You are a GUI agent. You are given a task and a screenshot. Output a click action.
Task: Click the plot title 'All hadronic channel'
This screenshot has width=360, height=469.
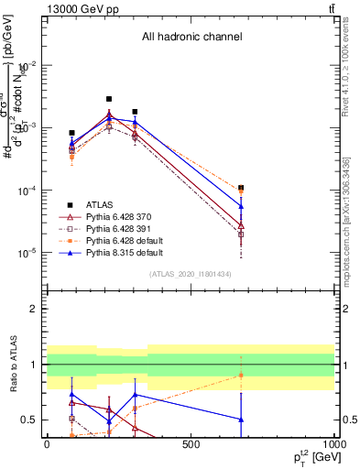tap(191, 38)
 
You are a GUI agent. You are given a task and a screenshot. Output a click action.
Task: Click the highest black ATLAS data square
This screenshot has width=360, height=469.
tap(109, 99)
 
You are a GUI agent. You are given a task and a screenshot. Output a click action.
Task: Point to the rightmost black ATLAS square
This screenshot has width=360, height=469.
tap(241, 188)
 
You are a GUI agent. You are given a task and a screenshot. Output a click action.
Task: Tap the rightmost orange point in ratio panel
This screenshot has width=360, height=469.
tap(241, 376)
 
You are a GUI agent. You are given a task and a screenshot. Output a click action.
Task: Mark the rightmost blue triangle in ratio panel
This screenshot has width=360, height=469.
tap(241, 420)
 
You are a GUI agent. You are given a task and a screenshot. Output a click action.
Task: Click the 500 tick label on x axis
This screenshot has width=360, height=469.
tap(191, 444)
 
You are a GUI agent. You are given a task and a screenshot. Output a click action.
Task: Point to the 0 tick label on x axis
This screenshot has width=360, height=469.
tap(47, 444)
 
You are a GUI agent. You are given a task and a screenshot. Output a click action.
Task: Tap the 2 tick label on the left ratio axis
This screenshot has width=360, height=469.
tap(34, 310)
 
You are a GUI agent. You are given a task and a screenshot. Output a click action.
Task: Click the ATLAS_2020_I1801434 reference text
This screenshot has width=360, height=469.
tap(191, 275)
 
